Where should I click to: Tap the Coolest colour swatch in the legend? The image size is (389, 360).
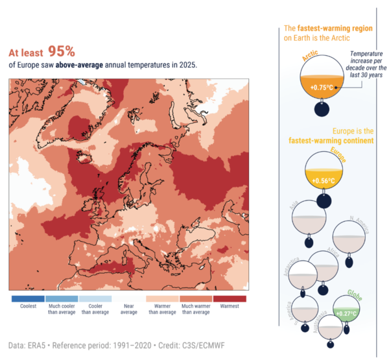[28, 299]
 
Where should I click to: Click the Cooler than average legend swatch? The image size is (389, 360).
[95, 299]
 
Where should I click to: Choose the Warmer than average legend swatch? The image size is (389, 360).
[163, 299]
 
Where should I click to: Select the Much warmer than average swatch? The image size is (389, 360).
[196, 299]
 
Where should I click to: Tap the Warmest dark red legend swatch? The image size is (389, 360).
[230, 299]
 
